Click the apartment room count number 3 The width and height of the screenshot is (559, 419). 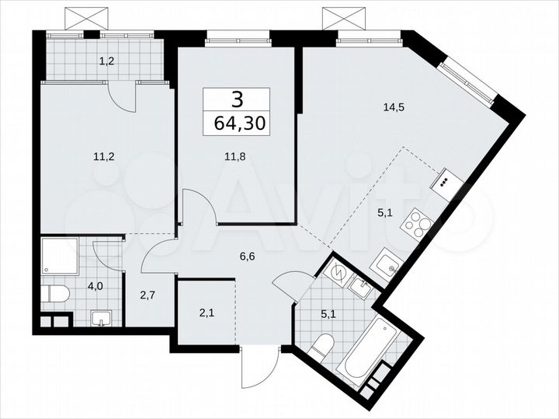tap(236, 99)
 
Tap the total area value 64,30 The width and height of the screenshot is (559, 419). tap(236, 122)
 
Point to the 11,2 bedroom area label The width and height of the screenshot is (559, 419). tap(103, 155)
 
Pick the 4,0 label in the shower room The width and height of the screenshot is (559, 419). tap(95, 286)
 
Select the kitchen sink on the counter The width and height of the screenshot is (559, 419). tap(385, 265)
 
